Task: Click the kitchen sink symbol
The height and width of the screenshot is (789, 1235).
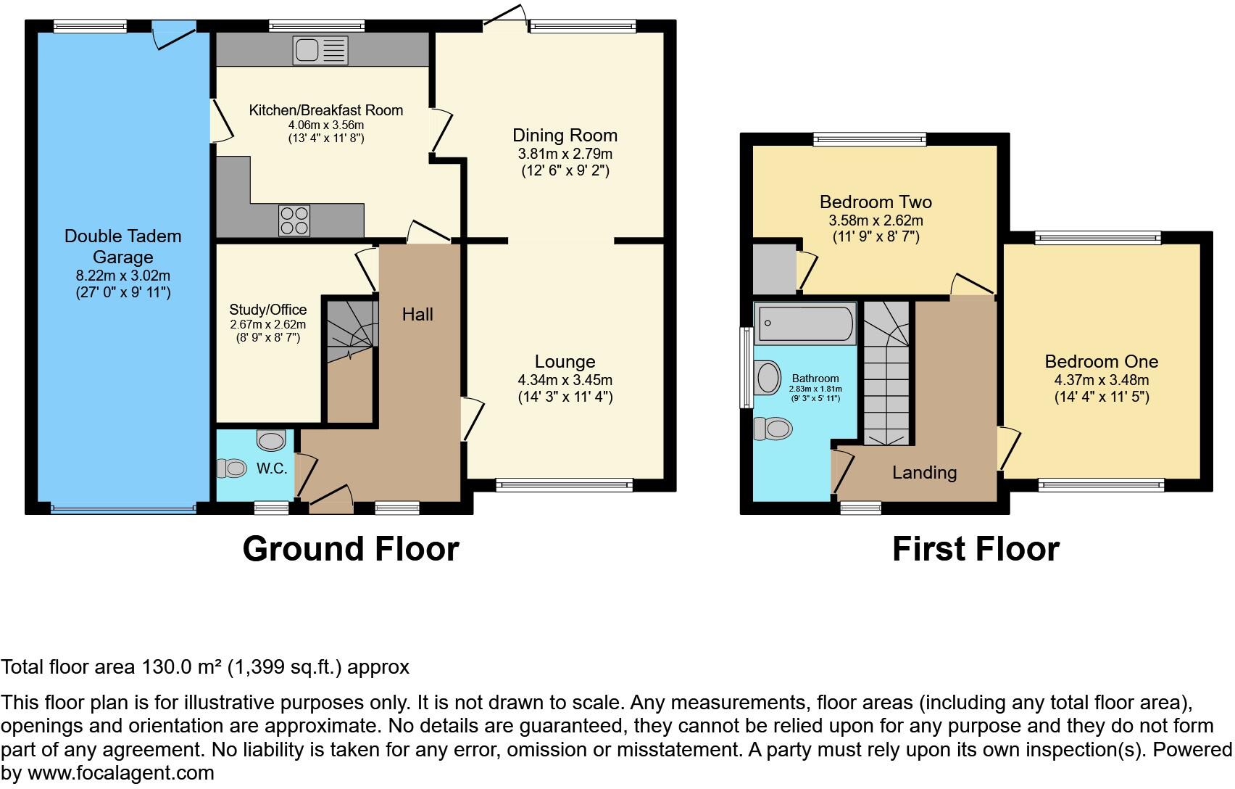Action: click(320, 50)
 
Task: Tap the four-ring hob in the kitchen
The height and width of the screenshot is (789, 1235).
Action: click(294, 220)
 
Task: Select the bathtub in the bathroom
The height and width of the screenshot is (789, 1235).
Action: click(805, 323)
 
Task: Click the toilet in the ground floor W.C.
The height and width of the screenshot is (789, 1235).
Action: click(233, 468)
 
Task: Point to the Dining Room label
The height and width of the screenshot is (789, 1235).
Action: click(565, 136)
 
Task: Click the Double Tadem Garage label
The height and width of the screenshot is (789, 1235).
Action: click(122, 246)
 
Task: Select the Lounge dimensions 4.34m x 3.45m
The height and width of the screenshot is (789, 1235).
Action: click(565, 380)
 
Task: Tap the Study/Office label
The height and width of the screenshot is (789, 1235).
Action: click(267, 310)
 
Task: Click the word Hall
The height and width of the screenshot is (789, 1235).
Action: click(417, 314)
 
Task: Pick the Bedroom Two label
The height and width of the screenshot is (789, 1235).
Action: click(875, 202)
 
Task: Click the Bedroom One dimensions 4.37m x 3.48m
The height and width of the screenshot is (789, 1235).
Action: click(1101, 380)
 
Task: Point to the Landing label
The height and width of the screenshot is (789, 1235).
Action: click(923, 473)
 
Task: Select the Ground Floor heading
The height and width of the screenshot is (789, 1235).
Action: click(350, 549)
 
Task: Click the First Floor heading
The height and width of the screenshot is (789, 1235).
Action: click(975, 549)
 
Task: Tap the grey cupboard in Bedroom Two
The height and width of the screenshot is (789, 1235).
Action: click(774, 269)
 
